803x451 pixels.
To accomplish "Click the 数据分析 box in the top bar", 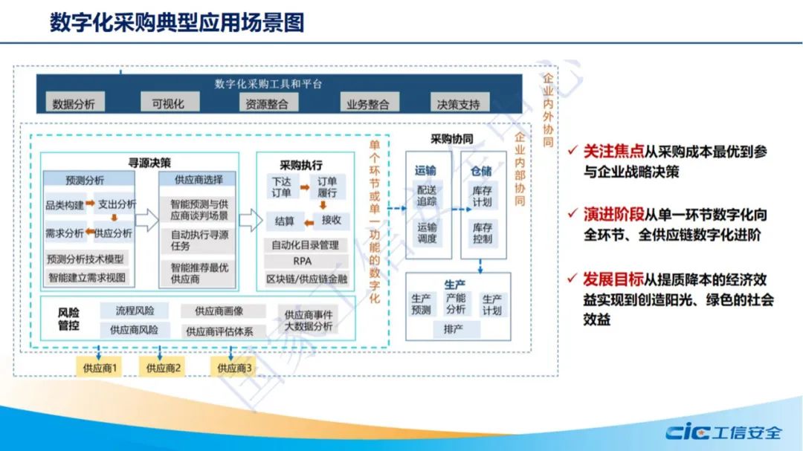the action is [74, 104].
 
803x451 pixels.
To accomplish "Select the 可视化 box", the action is [167, 103].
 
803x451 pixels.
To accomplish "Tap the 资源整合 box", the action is [267, 104].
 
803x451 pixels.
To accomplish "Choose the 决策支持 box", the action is [458, 104].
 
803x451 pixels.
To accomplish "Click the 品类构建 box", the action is [65, 204].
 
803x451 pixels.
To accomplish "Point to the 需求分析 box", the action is [65, 233].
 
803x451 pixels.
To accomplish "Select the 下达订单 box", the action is [282, 188].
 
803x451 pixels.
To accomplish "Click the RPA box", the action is [303, 261].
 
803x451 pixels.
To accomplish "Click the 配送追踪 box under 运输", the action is [427, 196].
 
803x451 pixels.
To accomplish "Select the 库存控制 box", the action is [483, 233].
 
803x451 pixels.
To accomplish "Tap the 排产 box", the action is [453, 328].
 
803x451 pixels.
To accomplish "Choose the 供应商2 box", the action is [164, 367].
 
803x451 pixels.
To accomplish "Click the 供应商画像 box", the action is [219, 311].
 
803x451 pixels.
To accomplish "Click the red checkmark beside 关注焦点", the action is [571, 151].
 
